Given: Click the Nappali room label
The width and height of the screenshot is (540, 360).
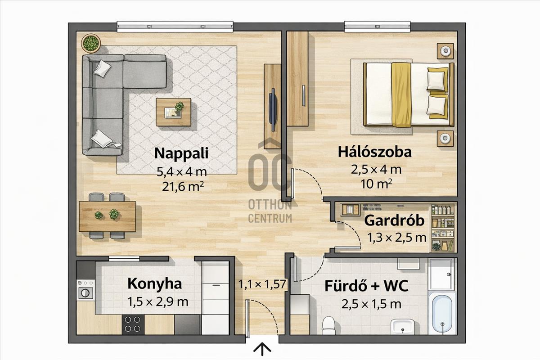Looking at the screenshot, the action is (x=181, y=153).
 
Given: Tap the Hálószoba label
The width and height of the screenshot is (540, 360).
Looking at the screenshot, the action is (x=374, y=152).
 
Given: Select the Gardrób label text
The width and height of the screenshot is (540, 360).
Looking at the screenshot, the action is (x=394, y=220).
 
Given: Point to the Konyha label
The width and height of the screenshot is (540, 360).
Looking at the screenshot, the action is (x=154, y=284).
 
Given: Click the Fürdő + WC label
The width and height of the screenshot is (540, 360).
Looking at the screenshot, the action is (x=366, y=286).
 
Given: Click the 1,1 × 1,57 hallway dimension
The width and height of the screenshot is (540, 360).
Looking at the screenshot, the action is (x=262, y=284).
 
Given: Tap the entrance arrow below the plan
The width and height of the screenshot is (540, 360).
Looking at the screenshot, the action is (x=262, y=350).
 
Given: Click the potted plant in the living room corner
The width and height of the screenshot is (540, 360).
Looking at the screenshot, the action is (x=91, y=43).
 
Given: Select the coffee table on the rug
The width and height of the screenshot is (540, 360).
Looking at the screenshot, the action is (x=173, y=112).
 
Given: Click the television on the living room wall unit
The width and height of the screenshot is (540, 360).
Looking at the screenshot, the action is (x=273, y=110).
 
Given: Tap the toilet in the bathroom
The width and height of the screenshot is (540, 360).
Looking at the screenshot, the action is (x=329, y=325).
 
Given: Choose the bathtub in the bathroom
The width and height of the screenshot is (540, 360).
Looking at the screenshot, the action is (x=442, y=314).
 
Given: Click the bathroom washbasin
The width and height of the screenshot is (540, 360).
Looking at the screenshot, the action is (x=403, y=326).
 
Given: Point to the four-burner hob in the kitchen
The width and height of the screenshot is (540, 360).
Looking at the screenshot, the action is (x=133, y=324).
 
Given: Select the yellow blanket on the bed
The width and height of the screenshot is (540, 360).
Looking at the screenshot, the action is (x=401, y=95).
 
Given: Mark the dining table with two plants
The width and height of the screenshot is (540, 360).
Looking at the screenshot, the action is (x=107, y=216).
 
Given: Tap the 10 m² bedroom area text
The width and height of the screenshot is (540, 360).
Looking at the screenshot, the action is (x=376, y=184).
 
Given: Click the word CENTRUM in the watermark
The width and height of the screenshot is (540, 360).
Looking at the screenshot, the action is (x=270, y=218).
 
